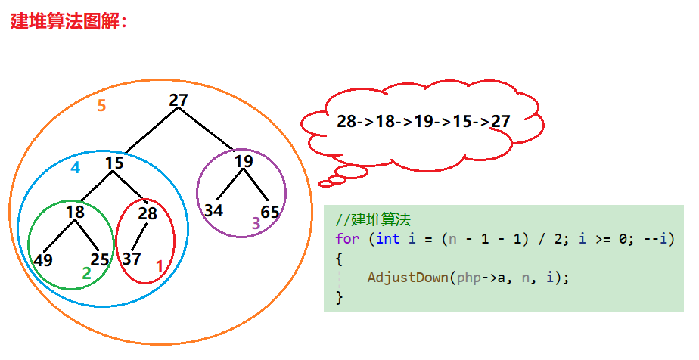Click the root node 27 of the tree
point(179,101)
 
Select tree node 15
point(114,163)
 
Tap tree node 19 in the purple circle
point(243,161)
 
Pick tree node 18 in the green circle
point(75,213)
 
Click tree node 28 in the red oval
point(148,213)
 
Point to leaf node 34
point(213,211)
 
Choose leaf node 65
point(270,211)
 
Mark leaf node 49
point(43,260)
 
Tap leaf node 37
point(132,259)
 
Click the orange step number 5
point(101,106)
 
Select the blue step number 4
point(75,168)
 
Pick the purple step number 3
point(256,223)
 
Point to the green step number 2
point(86,274)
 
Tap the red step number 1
point(159,266)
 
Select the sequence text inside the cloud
point(423,121)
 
